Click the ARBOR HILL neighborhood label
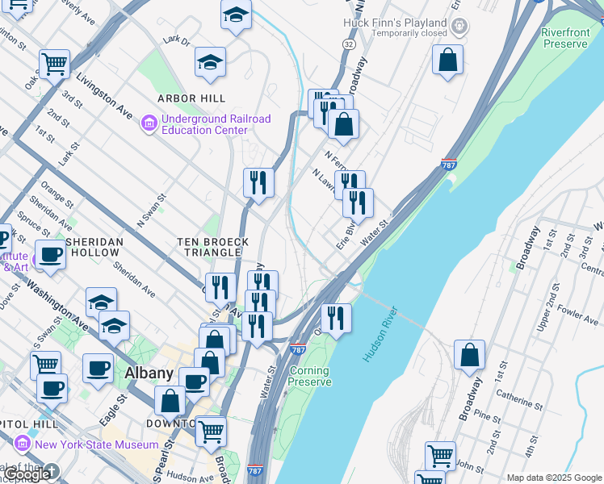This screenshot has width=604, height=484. click(x=190, y=98)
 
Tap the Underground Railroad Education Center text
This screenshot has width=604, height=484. click(x=216, y=124)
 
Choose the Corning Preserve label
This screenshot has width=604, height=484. click(x=310, y=376)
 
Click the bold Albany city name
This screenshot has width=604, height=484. click(x=149, y=373)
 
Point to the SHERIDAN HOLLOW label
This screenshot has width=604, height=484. click(x=94, y=247)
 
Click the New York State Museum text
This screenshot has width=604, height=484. click(x=96, y=444)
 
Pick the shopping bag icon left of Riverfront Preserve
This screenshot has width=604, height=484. click(x=447, y=60)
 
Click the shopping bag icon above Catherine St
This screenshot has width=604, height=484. click(x=469, y=355)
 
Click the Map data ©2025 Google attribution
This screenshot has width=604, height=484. click(x=554, y=477)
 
